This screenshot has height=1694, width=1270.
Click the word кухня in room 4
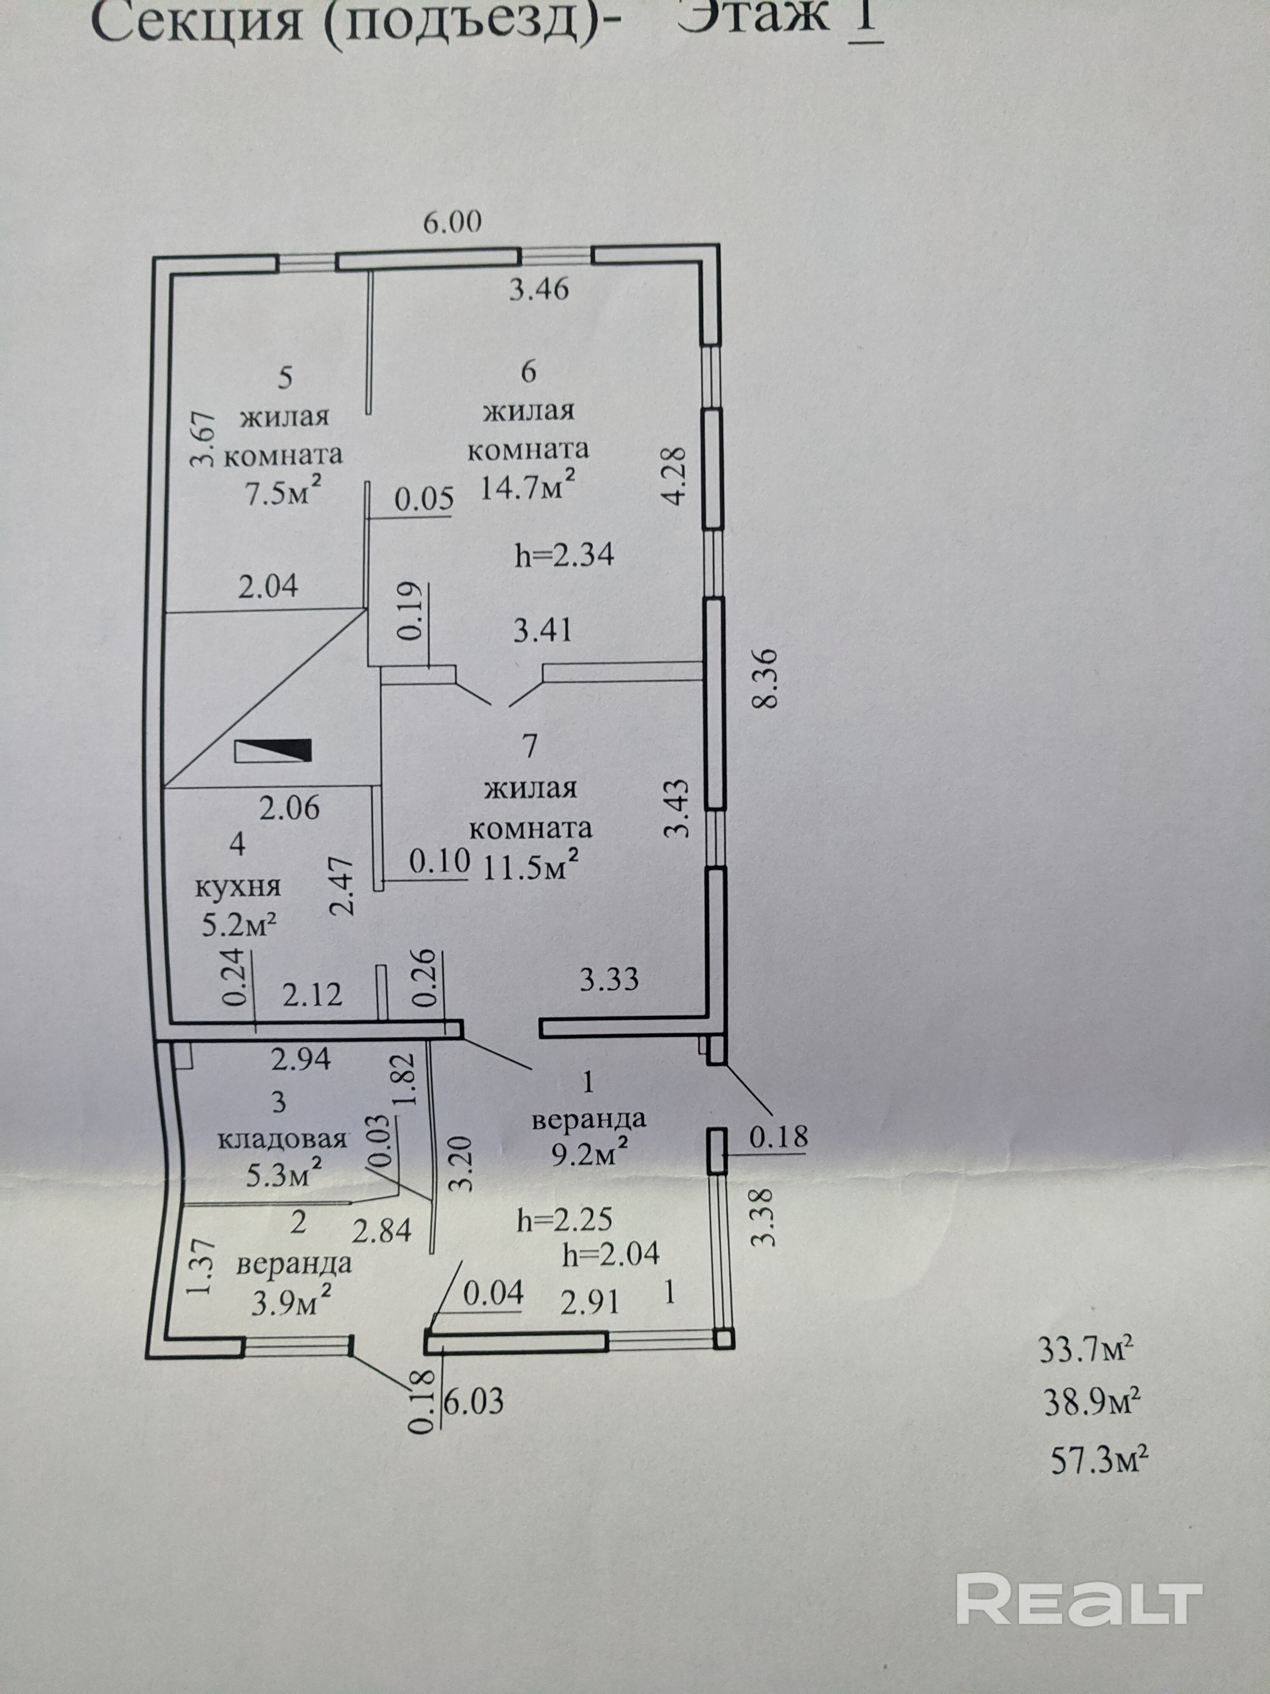[x=238, y=887]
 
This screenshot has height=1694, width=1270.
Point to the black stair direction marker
[x=273, y=750]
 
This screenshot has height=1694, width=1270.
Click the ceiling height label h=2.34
[x=564, y=554]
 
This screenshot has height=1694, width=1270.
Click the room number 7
[x=529, y=745]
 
